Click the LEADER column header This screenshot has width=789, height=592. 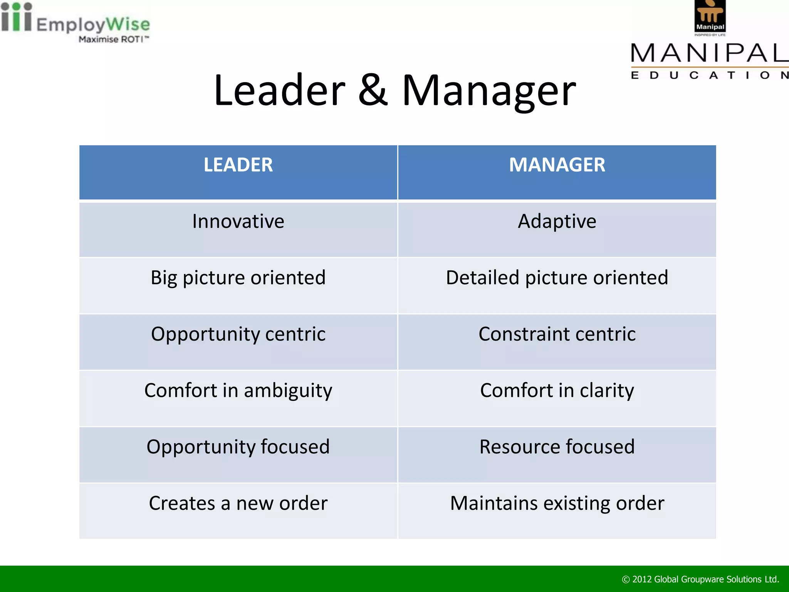pyautogui.click(x=238, y=165)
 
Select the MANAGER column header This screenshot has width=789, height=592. pyautogui.click(x=557, y=165)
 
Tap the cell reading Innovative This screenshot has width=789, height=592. pyautogui.click(x=238, y=222)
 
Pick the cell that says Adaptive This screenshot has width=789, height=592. pyautogui.click(x=557, y=222)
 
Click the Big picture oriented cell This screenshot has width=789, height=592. pyautogui.click(x=238, y=278)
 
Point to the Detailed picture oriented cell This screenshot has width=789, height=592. pyautogui.click(x=557, y=278)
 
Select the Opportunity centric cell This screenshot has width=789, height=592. pyautogui.click(x=238, y=334)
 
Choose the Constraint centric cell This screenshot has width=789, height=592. pyautogui.click(x=557, y=334)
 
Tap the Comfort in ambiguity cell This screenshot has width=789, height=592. pyautogui.click(x=238, y=390)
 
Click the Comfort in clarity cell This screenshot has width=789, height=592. pyautogui.click(x=557, y=390)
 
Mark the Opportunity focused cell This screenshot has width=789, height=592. pyautogui.click(x=238, y=447)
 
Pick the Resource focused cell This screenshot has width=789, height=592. pyautogui.click(x=557, y=447)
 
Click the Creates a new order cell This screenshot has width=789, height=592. pyautogui.click(x=238, y=503)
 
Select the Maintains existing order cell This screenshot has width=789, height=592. pyautogui.click(x=557, y=503)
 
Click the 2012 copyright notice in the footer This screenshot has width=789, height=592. pyautogui.click(x=700, y=579)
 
